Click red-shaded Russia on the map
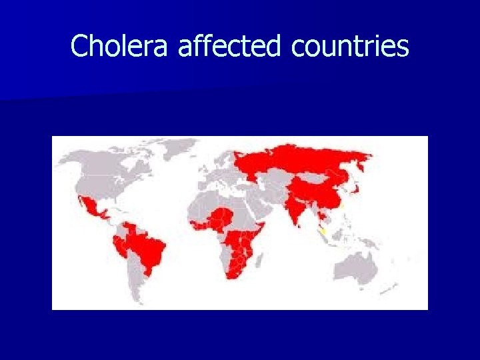pos(300,160)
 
